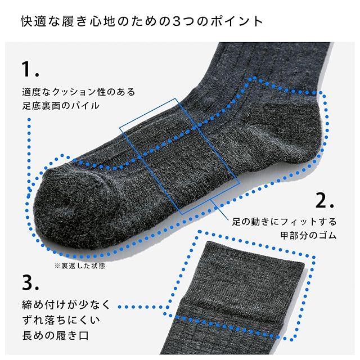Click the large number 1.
tap(29, 70)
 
